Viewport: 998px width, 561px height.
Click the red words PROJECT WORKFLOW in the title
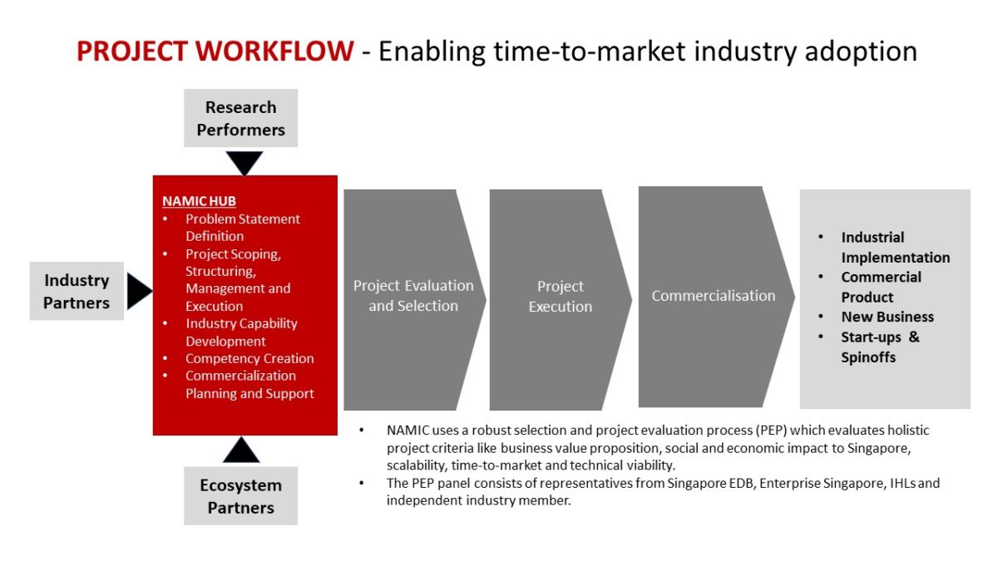(x=215, y=51)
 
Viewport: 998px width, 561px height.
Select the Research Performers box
(x=240, y=118)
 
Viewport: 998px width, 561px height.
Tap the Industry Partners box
(x=77, y=291)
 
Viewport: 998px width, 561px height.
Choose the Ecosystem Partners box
(x=240, y=495)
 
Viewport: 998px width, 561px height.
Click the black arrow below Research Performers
(x=245, y=163)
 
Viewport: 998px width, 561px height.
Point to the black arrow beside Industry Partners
(x=140, y=291)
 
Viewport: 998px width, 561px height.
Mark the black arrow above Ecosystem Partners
(x=241, y=450)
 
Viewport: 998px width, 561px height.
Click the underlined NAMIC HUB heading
(x=199, y=201)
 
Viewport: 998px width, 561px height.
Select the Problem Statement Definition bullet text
(x=243, y=228)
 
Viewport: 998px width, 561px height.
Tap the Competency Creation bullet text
(x=249, y=358)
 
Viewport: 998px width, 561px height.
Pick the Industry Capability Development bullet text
(x=241, y=332)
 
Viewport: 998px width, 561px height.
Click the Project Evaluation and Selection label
(x=413, y=296)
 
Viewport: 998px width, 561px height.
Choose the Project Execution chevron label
(x=561, y=296)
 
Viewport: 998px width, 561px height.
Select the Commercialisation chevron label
(x=714, y=296)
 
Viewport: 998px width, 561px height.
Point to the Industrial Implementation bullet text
(x=896, y=247)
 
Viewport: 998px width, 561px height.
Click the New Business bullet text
(x=887, y=317)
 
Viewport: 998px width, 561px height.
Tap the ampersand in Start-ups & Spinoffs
(x=914, y=337)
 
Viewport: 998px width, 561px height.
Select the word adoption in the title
(x=861, y=52)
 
